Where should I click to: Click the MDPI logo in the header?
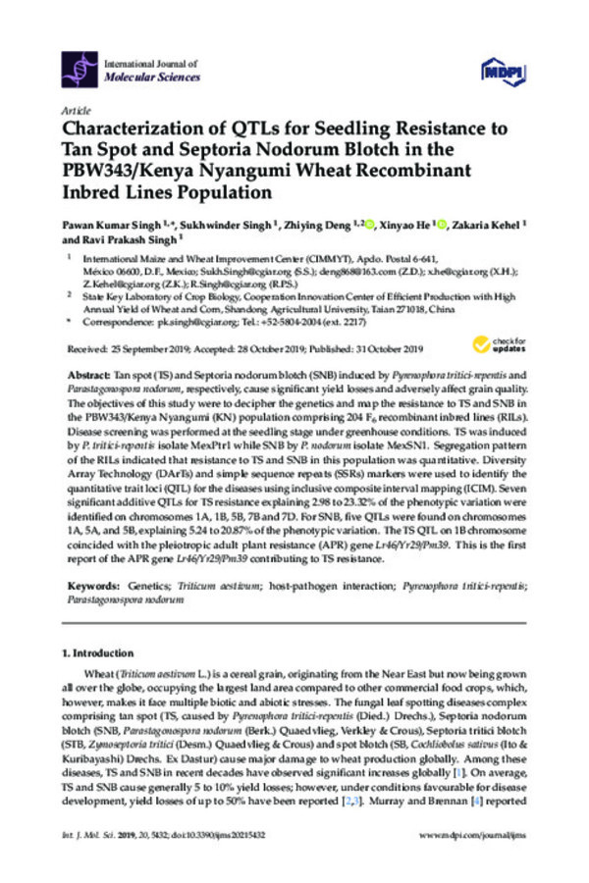pos(500,71)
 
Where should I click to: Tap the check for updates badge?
pos(495,344)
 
